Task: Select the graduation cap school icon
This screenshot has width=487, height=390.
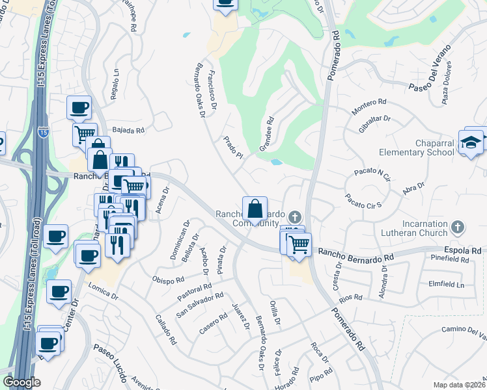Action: coord(471,143)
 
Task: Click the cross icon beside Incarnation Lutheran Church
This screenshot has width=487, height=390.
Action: coord(458,227)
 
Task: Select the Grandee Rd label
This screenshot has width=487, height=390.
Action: coord(267,133)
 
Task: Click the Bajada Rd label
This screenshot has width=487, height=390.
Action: coord(128,130)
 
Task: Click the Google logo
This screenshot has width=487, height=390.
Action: coord(21,382)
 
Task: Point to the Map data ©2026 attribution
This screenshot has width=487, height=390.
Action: coord(460,385)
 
